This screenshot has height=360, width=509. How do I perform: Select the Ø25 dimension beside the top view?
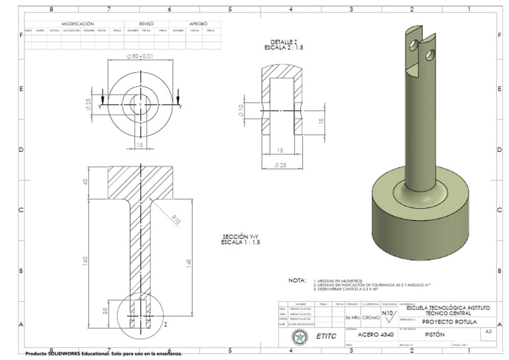[89, 103]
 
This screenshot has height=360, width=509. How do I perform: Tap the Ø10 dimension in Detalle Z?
[241, 110]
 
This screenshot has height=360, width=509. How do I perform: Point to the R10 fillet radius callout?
[176, 219]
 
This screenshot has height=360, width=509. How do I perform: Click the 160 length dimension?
[85, 261]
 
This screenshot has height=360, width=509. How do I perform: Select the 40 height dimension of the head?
[85, 182]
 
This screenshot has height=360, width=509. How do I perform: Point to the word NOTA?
[297, 280]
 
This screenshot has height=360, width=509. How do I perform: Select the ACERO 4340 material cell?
[375, 335]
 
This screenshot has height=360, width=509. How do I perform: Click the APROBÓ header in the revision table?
[198, 23]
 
